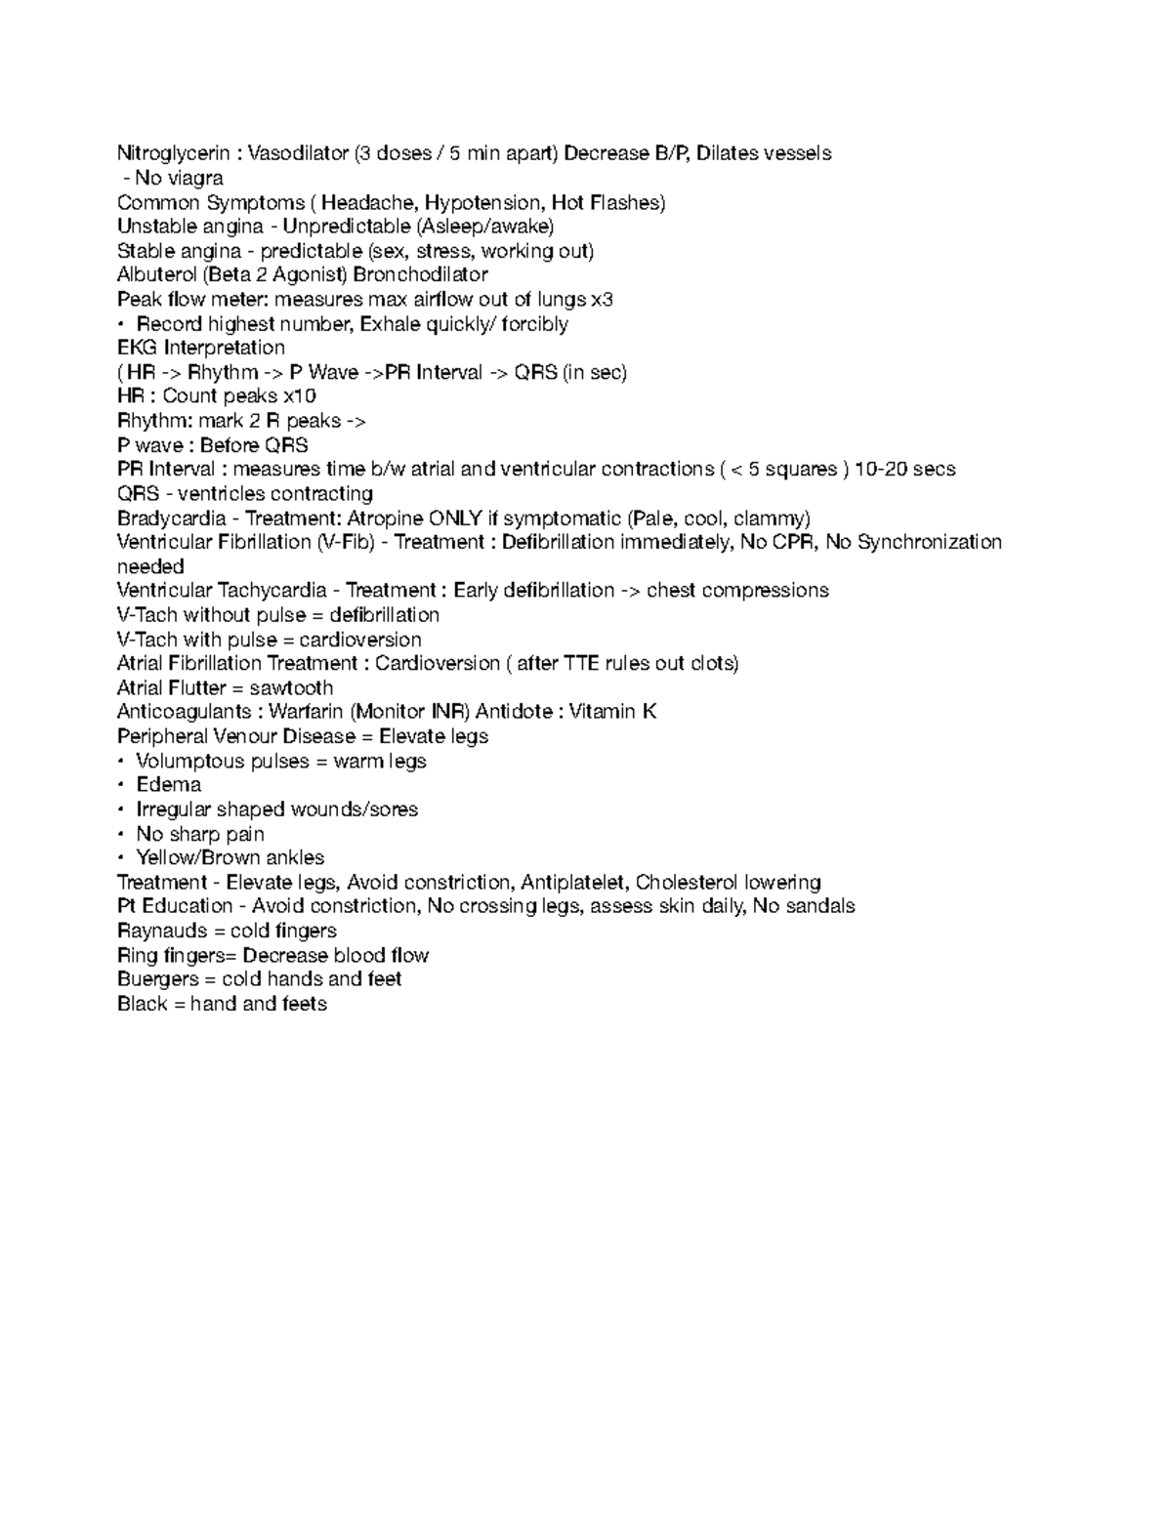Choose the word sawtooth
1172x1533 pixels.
pos(290,687)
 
